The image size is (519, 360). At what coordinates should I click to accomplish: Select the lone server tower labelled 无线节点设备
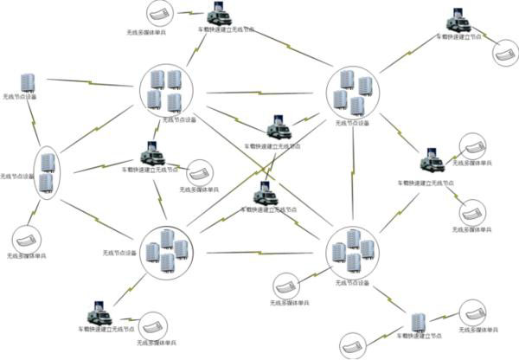point(28,82)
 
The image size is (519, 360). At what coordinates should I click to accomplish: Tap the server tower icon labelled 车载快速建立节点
point(419,321)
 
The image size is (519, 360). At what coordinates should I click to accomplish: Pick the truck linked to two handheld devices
point(432,162)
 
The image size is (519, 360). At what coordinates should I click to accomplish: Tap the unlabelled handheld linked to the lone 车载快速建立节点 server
point(356,343)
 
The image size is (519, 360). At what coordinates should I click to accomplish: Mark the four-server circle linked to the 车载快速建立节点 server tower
point(353,252)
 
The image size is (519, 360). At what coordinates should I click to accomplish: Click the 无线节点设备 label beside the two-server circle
point(17,177)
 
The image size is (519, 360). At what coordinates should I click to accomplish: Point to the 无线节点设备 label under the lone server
point(20,97)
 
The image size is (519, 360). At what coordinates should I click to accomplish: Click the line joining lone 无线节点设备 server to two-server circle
point(35,122)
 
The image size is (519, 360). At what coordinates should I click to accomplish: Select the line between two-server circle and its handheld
point(35,211)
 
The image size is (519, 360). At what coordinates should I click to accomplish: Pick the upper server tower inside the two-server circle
point(48,161)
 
